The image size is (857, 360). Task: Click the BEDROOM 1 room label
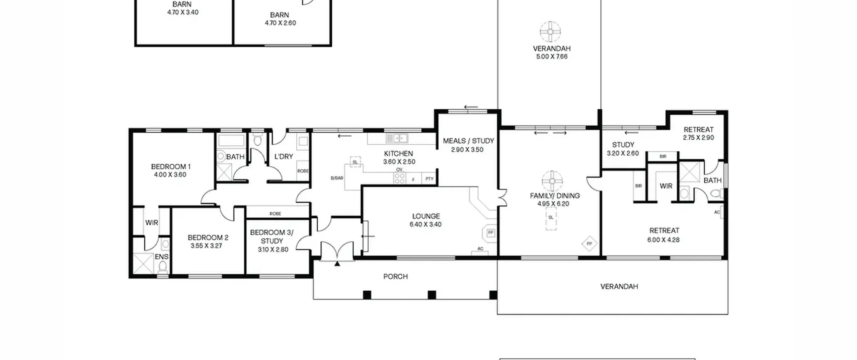coord(171,166)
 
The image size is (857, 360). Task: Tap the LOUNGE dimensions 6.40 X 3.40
coord(425,224)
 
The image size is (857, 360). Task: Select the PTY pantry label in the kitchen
coord(430,179)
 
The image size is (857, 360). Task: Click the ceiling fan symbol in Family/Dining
coord(552,182)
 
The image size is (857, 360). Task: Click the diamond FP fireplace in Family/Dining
coord(590,244)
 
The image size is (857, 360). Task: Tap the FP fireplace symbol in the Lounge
coord(491,232)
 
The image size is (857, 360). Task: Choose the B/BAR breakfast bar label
coord(337,178)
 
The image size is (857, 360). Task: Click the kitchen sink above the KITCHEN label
coord(397,138)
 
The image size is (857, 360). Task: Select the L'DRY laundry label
coord(284,156)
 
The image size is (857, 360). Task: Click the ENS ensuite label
coord(161,257)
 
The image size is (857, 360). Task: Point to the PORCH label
coord(395,277)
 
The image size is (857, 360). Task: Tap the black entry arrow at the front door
coord(337,264)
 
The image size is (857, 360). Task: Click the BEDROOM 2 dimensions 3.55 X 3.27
coord(207,246)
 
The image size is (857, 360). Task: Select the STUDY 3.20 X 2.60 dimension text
coord(623,153)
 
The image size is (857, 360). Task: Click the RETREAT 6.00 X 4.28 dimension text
coord(664,240)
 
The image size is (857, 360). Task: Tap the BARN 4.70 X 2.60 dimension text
coord(280,23)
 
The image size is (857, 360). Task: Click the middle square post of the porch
coord(432,295)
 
